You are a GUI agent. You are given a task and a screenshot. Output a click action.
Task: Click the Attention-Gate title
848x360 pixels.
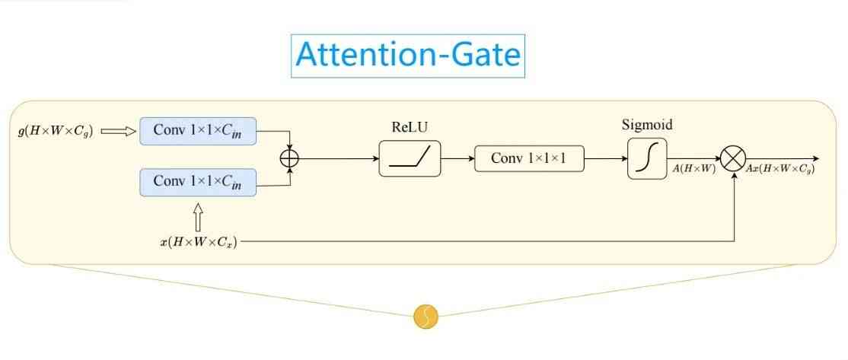click(408, 56)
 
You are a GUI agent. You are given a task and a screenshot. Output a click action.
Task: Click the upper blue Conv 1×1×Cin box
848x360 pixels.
click(198, 130)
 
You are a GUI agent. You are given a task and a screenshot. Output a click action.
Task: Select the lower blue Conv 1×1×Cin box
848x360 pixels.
click(198, 182)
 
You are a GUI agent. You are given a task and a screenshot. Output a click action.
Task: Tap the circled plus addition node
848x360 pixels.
click(290, 158)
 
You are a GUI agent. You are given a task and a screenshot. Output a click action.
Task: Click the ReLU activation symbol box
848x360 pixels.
click(410, 158)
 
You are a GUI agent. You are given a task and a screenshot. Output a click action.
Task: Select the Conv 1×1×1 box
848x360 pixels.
click(529, 158)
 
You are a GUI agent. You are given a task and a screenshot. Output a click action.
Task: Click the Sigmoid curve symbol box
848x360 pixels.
click(647, 158)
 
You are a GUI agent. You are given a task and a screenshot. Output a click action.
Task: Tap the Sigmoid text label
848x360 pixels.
click(647, 125)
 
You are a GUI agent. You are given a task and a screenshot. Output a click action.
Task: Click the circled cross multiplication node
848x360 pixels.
click(733, 158)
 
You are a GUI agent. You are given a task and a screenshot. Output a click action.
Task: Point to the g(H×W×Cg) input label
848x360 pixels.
click(56, 131)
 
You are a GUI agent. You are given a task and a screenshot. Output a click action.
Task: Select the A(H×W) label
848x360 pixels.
click(692, 169)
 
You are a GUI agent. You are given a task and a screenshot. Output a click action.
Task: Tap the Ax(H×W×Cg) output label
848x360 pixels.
click(780, 169)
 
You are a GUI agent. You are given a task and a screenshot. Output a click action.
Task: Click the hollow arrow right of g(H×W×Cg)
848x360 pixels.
click(119, 131)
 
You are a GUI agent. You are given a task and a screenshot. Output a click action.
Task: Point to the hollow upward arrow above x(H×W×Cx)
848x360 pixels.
click(199, 217)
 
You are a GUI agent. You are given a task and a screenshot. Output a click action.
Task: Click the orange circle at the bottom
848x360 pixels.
click(426, 317)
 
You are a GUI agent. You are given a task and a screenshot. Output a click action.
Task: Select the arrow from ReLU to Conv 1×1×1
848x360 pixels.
click(457, 158)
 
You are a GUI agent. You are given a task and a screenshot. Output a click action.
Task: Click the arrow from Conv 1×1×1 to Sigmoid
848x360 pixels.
click(605, 158)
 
